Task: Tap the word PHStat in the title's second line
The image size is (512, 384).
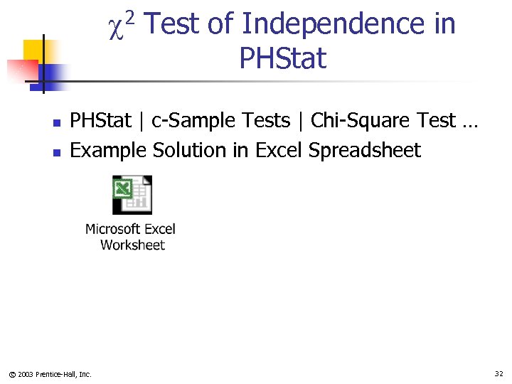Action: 283,58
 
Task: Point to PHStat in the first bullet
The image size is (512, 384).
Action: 101,121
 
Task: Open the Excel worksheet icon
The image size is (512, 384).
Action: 132,195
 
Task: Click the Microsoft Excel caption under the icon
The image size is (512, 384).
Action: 130,229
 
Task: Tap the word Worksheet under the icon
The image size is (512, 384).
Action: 132,245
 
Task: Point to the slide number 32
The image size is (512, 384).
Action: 498,373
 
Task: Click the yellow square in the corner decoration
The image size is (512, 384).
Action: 34,51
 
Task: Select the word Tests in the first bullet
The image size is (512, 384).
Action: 267,121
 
